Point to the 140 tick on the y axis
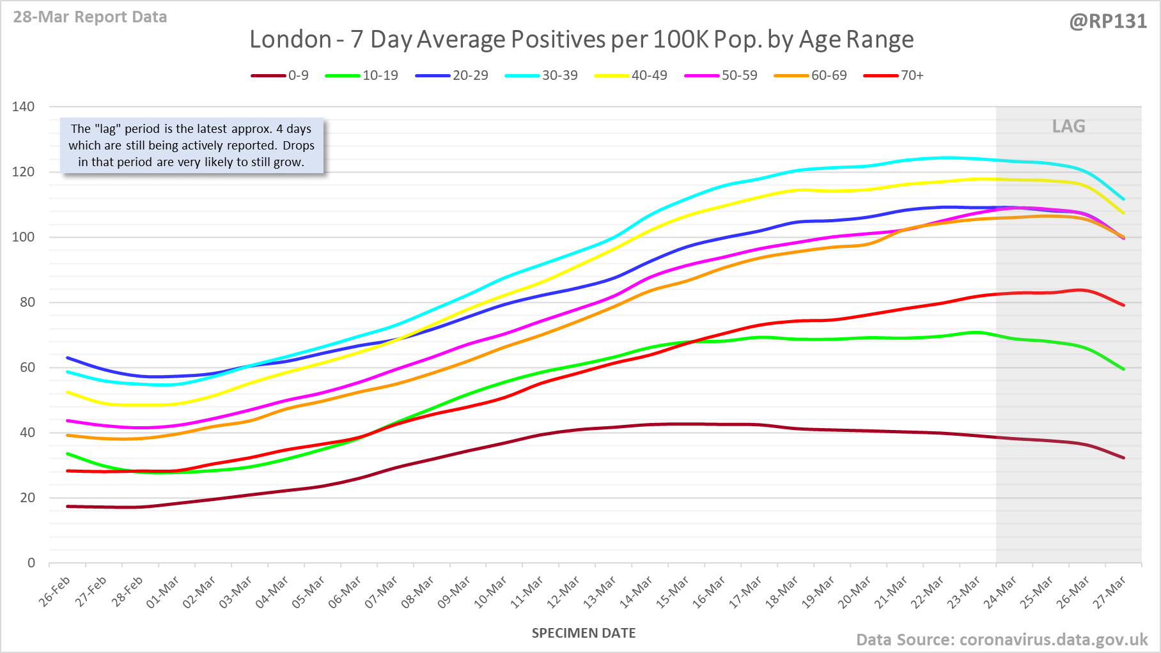tap(24, 107)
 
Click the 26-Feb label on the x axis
tap(55, 592)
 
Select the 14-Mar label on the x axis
tap(637, 592)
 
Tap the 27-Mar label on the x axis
tap(1110, 592)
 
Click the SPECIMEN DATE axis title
tap(584, 633)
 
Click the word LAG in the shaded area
tap(1068, 127)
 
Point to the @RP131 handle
tap(1108, 22)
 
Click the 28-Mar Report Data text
tap(90, 17)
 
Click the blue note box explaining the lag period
tap(192, 146)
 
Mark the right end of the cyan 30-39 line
tap(1123, 199)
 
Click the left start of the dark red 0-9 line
tap(68, 507)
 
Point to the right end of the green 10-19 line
tap(1123, 369)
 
